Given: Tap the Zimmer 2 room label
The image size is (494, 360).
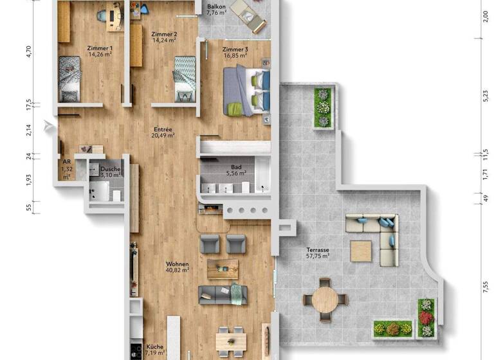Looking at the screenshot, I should click(164, 37).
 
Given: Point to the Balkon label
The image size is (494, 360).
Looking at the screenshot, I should click(216, 10).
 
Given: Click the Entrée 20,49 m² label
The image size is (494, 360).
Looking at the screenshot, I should click(163, 132).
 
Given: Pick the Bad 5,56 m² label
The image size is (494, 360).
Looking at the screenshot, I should click(236, 170).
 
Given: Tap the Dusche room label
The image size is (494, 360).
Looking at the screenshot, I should click(111, 171).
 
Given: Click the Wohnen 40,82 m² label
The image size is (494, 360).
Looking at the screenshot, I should click(177, 267).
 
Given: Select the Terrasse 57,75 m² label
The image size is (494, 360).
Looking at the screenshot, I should click(318, 253).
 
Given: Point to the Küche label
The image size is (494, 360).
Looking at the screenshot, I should click(155, 349).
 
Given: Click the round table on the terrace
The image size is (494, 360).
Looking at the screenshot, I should click(325, 298).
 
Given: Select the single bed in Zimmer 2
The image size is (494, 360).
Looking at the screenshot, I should click(185, 77).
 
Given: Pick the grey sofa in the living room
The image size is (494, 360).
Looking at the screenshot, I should click(223, 294).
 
